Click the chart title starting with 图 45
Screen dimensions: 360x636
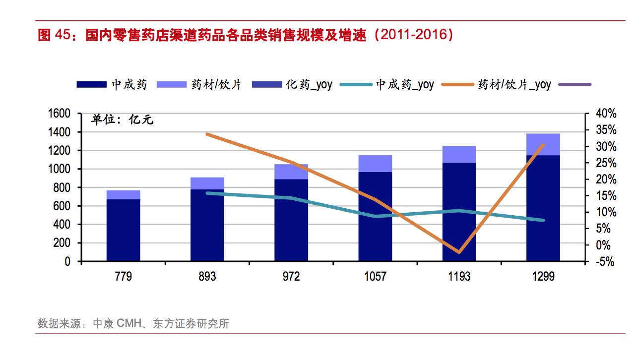tap(246, 36)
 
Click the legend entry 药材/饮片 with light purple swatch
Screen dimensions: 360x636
tap(199, 85)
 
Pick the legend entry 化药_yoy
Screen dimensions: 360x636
tap(292, 85)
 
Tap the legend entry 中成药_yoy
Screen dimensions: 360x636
tap(387, 85)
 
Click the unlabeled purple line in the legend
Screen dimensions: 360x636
tap(575, 85)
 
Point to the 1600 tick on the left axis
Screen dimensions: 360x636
tap(59, 114)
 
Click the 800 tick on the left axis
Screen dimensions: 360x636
tap(62, 187)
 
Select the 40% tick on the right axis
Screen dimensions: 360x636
tap(606, 114)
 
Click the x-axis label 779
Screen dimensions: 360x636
tap(123, 276)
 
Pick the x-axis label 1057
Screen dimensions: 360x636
tap(375, 276)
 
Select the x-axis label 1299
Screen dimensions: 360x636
tap(543, 276)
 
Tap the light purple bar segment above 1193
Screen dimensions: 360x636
tap(459, 154)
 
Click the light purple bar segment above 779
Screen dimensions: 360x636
tap(123, 194)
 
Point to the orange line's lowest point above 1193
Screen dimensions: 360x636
tap(459, 252)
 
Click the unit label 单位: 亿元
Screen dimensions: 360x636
tap(122, 120)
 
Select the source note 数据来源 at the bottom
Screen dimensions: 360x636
tap(133, 324)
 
